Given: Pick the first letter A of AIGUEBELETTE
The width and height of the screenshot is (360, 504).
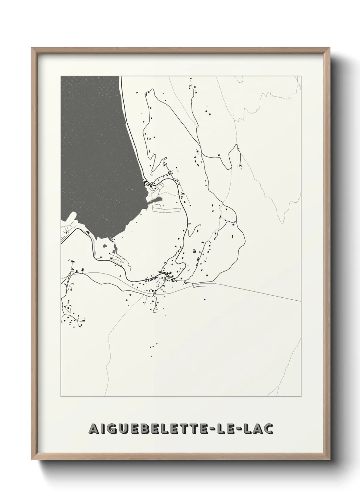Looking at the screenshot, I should point(91,429).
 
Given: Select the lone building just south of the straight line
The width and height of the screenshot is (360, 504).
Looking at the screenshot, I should point(205,300).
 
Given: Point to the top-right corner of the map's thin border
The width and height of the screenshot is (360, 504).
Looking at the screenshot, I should point(301,76).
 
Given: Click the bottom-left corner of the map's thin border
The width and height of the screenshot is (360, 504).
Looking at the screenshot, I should point(61,397).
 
